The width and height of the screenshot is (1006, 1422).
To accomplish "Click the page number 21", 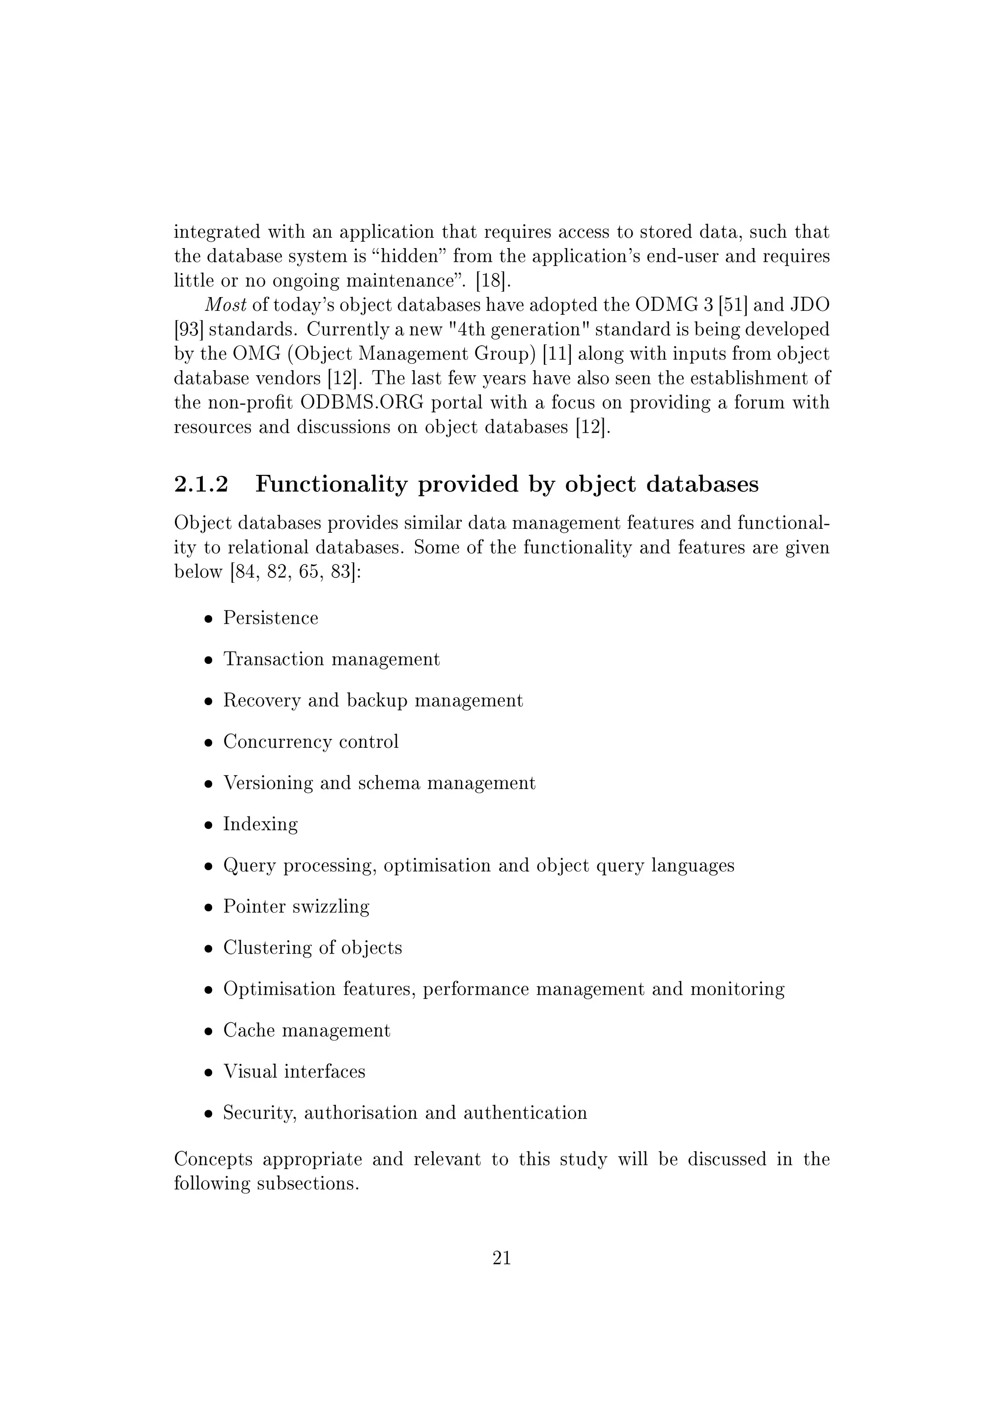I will (501, 1258).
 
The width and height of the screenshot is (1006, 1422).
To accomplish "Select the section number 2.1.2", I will (201, 484).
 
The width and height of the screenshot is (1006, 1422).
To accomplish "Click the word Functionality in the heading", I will (332, 484).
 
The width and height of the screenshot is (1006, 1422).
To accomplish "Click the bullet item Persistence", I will (271, 618).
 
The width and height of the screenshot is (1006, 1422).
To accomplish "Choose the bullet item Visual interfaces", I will (294, 1071).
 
